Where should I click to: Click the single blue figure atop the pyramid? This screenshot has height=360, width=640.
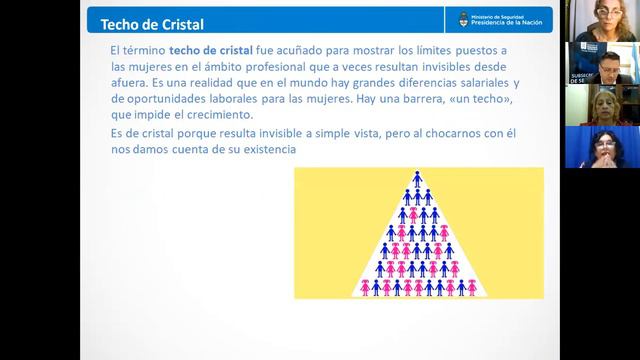tap(418, 180)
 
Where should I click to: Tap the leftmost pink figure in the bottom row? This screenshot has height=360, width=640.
tap(365, 287)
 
